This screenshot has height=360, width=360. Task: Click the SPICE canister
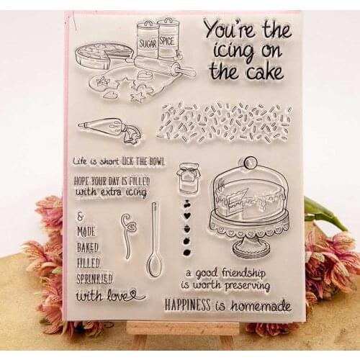tap(168, 40)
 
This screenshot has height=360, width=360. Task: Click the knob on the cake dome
tap(249, 163)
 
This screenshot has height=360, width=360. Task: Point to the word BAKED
tap(88, 246)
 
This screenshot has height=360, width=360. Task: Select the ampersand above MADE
tap(79, 216)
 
